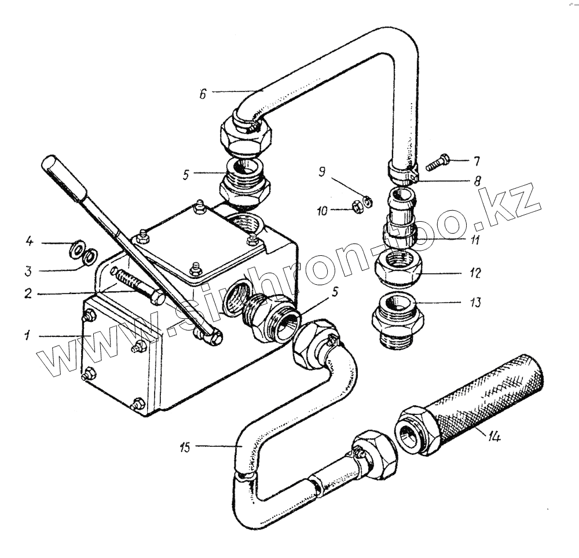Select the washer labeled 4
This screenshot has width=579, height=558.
75,250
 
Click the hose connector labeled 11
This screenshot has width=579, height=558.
400,217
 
